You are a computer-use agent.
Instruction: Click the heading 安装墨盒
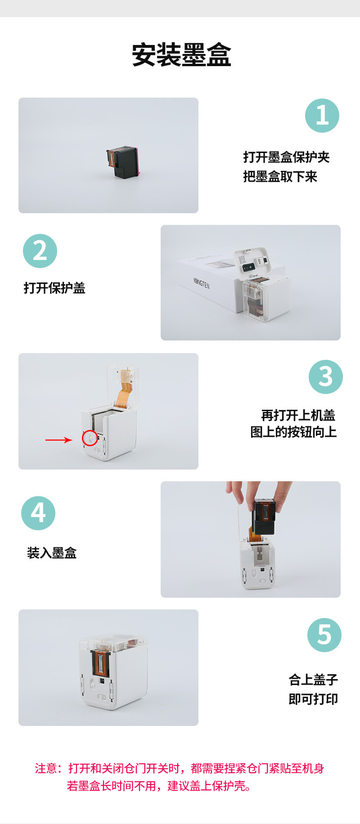181,55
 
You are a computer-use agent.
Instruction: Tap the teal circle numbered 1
322,116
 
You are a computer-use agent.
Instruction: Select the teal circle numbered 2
40,251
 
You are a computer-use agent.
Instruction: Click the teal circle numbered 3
326,376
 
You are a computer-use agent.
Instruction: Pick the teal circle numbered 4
38,513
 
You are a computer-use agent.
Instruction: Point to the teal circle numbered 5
324,635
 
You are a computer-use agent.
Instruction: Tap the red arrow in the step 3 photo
58,440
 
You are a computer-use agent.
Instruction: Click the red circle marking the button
90,438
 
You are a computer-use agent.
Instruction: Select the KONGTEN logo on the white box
201,283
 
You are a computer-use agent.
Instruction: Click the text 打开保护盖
54,288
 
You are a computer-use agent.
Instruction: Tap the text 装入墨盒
52,553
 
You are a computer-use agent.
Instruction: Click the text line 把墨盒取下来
280,177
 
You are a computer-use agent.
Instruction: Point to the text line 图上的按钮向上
293,432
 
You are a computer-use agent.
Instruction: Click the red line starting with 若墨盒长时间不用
159,786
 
